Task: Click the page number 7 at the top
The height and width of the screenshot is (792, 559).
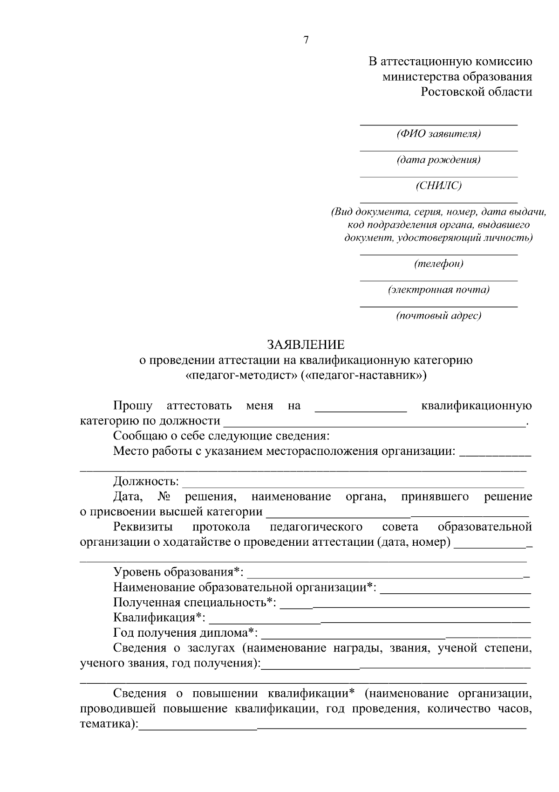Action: pyautogui.click(x=306, y=40)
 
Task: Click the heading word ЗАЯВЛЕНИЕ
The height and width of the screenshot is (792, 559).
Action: pyautogui.click(x=306, y=345)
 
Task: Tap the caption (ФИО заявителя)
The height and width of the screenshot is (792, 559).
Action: pyautogui.click(x=438, y=134)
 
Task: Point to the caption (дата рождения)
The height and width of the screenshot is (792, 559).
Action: pyautogui.click(x=438, y=160)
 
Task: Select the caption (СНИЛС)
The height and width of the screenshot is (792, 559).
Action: pyautogui.click(x=438, y=186)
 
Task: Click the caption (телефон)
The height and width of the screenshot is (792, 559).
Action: pyautogui.click(x=438, y=264)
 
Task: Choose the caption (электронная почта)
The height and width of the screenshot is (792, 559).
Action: pyautogui.click(x=438, y=290)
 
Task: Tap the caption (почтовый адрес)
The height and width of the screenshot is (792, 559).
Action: pyautogui.click(x=438, y=316)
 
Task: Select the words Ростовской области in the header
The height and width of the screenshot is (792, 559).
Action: pyautogui.click(x=476, y=91)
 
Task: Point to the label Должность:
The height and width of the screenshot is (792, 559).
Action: pyautogui.click(x=146, y=481)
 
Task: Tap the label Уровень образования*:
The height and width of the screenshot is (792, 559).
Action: pyautogui.click(x=178, y=572)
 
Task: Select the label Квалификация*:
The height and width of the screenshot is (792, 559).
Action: pyautogui.click(x=159, y=618)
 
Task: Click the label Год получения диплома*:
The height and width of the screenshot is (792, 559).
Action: pyautogui.click(x=185, y=633)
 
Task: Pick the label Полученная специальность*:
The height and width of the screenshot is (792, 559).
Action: pyautogui.click(x=194, y=602)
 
